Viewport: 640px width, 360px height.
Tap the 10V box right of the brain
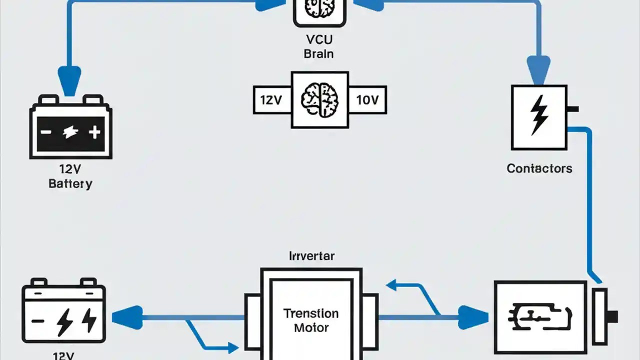(x=367, y=100)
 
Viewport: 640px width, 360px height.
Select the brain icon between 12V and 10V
(x=320, y=99)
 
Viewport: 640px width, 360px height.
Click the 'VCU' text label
(x=318, y=40)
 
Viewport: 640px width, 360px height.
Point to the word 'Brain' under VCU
(x=318, y=53)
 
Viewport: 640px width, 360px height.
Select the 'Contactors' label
(x=539, y=168)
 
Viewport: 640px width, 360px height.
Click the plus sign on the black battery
(x=94, y=132)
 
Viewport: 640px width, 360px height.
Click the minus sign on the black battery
(x=46, y=132)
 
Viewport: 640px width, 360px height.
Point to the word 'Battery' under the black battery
(x=70, y=183)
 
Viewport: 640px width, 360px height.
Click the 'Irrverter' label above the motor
(x=311, y=256)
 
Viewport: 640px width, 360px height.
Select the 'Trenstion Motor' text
(x=311, y=320)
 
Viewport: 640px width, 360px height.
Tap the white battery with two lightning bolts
(x=64, y=313)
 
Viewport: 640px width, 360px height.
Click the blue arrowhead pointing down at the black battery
(x=69, y=79)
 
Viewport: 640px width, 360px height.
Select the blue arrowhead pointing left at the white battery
(x=125, y=317)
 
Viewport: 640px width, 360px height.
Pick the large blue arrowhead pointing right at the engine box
(x=472, y=317)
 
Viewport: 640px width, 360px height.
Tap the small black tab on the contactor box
(x=573, y=108)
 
